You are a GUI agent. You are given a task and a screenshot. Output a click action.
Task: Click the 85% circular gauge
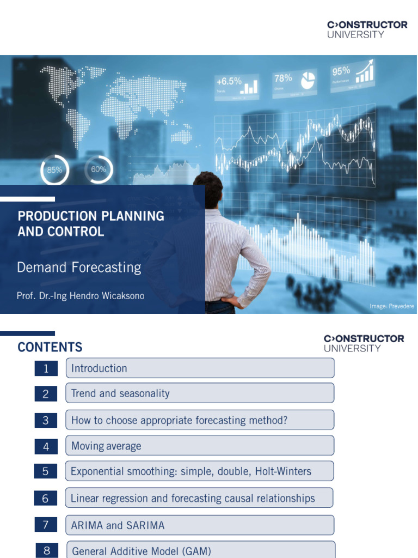pyautogui.click(x=54, y=169)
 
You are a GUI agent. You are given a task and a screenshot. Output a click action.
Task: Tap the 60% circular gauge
pyautogui.click(x=99, y=169)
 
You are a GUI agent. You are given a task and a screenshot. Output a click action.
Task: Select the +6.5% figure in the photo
pyautogui.click(x=229, y=81)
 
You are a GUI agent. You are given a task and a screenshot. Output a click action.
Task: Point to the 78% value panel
pyautogui.click(x=283, y=78)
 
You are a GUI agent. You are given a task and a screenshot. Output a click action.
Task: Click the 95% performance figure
pyautogui.click(x=341, y=71)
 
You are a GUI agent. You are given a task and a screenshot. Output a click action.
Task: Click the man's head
pyautogui.click(x=208, y=189)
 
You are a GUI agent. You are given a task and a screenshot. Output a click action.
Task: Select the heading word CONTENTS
pyautogui.click(x=50, y=347)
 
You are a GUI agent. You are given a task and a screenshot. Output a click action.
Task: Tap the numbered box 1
pyautogui.click(x=46, y=368)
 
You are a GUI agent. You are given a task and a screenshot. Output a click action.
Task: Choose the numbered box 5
pyautogui.click(x=46, y=471)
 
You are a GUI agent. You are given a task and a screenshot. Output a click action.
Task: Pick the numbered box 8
pyautogui.click(x=47, y=551)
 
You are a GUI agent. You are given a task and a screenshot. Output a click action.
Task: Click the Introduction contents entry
pyautogui.click(x=99, y=368)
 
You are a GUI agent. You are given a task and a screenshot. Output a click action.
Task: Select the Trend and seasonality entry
pyautogui.click(x=120, y=393)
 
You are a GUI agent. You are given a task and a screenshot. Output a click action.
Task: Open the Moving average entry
pyautogui.click(x=106, y=446)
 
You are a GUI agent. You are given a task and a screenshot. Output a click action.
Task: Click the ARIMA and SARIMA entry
pyautogui.click(x=118, y=525)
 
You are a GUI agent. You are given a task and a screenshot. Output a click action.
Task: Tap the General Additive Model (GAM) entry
pyautogui.click(x=142, y=551)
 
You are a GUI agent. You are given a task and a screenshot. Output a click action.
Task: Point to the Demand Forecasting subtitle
pyautogui.click(x=79, y=268)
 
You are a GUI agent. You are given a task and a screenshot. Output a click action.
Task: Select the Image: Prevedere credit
pyautogui.click(x=392, y=306)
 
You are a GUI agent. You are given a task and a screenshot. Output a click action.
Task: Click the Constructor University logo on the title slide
pyautogui.click(x=367, y=29)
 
